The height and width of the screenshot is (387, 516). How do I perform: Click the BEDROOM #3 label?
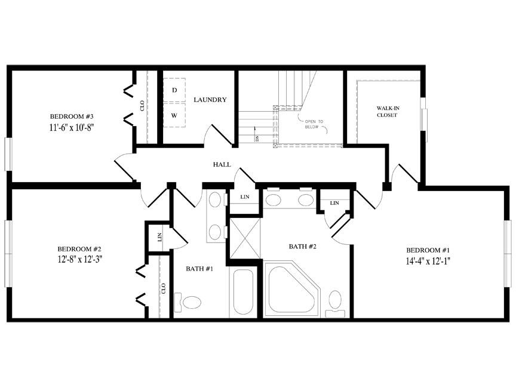(x=72, y=116)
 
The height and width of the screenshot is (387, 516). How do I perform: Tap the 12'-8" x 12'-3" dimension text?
(x=80, y=259)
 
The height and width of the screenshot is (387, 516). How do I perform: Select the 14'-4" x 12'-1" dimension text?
(x=428, y=262)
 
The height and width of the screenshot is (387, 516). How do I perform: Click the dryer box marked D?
(x=174, y=90)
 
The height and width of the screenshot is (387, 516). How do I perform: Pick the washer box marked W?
(x=174, y=115)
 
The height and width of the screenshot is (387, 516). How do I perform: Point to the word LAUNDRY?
(x=210, y=100)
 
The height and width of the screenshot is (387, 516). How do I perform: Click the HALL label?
(x=222, y=165)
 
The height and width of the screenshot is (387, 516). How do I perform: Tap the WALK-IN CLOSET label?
(x=388, y=112)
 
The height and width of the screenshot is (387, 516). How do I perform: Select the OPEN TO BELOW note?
(x=314, y=124)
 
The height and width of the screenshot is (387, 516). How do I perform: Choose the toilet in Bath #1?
(x=188, y=302)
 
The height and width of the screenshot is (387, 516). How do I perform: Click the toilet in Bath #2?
(x=335, y=304)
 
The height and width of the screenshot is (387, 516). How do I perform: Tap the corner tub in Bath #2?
(x=292, y=289)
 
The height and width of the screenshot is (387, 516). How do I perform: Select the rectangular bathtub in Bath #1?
(x=243, y=293)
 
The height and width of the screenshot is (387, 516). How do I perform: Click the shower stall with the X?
(x=244, y=238)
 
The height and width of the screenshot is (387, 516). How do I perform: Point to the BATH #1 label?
(x=199, y=269)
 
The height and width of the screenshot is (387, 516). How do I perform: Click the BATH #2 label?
(x=302, y=247)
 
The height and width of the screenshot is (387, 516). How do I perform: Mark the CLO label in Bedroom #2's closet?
(x=164, y=288)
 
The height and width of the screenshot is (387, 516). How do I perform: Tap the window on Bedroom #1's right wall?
(x=508, y=253)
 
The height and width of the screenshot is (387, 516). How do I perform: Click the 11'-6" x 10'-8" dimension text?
(x=72, y=128)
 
